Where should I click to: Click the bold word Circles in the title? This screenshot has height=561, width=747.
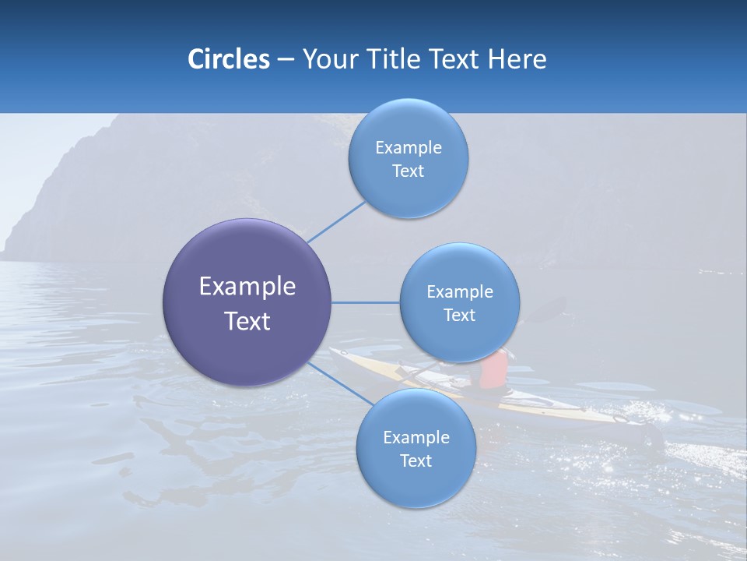click(229, 59)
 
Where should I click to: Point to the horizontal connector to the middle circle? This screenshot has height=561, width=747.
click(366, 302)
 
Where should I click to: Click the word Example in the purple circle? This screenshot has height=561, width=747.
click(247, 287)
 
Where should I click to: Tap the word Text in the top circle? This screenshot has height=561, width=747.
click(408, 171)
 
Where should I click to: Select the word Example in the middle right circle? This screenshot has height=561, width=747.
click(460, 292)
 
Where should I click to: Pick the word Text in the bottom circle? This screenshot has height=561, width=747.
click(416, 461)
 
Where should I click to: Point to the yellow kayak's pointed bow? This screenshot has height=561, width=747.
click(335, 352)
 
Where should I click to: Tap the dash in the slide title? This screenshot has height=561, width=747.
click(285, 60)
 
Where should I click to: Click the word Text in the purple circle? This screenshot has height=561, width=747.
click(247, 321)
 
